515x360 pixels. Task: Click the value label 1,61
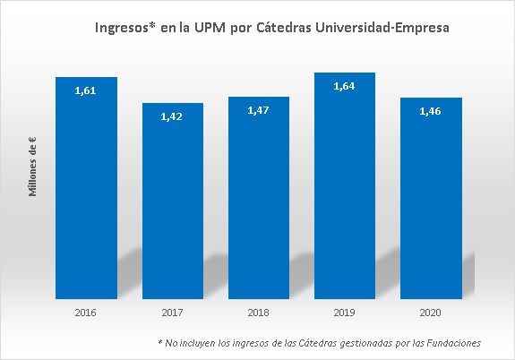click(x=86, y=90)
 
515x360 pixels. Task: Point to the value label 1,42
click(x=172, y=116)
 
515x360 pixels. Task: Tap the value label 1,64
click(x=344, y=86)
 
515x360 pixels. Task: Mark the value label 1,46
click(x=430, y=111)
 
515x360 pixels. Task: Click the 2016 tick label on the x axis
click(x=86, y=313)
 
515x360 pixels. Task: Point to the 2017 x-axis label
click(x=172, y=313)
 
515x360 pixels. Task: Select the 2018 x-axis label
click(x=258, y=313)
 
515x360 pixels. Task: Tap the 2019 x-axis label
click(x=344, y=313)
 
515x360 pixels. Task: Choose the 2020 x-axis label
click(x=430, y=313)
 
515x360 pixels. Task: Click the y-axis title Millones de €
click(x=31, y=167)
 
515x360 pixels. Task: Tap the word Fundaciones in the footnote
click(x=453, y=343)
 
